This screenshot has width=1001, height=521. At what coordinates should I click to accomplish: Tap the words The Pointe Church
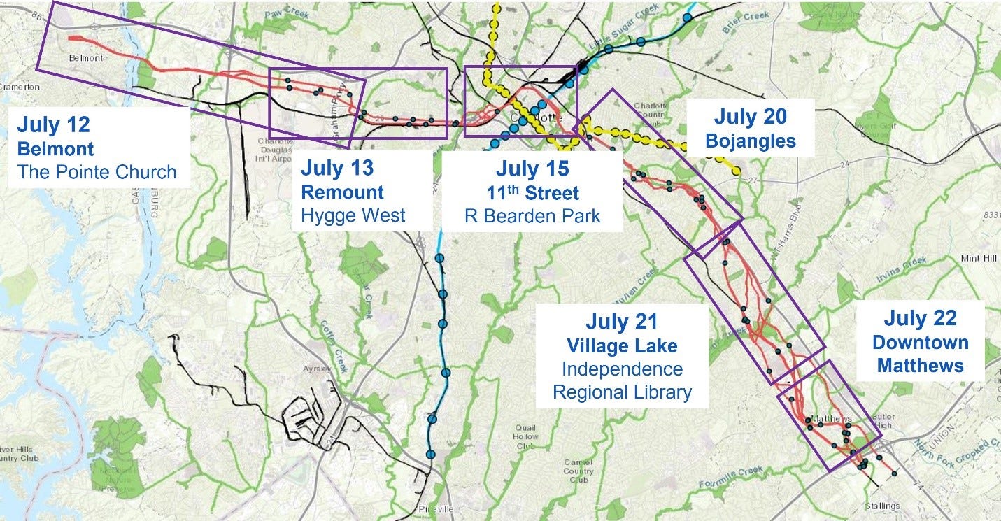click(97, 172)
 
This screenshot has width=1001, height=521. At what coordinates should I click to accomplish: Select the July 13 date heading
click(337, 168)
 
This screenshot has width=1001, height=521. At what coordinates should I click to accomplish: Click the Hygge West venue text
click(353, 215)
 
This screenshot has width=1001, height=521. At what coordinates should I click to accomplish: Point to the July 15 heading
click(532, 169)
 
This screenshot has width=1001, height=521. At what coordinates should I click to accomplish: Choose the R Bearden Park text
click(532, 215)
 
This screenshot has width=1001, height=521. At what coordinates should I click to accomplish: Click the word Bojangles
click(750, 141)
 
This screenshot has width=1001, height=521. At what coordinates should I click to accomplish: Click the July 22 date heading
click(919, 318)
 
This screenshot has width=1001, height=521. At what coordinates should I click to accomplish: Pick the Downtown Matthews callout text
click(919, 354)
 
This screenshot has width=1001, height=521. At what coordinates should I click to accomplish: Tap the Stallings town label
click(881, 506)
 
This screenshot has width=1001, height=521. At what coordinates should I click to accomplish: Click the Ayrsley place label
click(316, 367)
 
